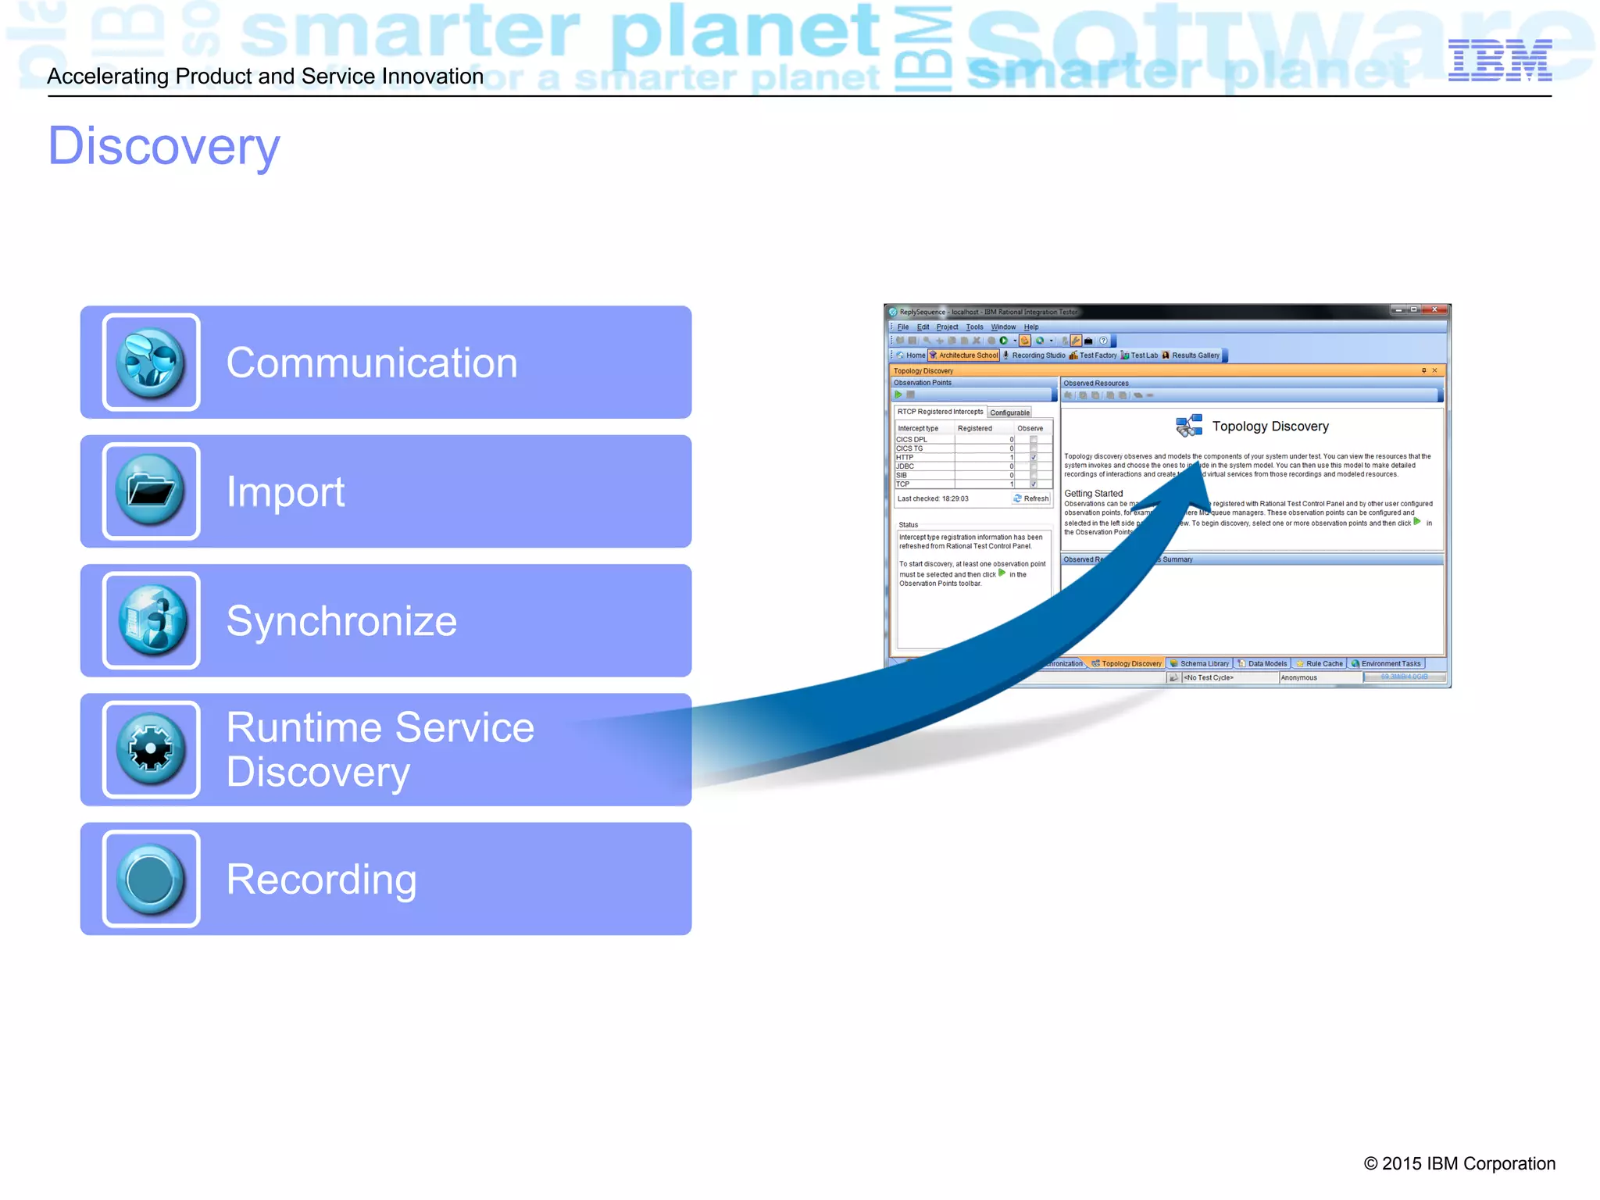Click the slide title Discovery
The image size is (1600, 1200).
click(164, 146)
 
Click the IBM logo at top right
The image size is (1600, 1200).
click(1499, 60)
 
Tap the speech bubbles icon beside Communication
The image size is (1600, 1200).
click(151, 362)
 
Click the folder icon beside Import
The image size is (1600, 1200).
click(151, 491)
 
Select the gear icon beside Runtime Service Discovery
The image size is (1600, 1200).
click(151, 749)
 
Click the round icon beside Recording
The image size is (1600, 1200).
click(151, 879)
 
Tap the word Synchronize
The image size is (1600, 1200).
click(341, 621)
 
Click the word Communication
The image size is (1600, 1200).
click(371, 363)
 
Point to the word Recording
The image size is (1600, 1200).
click(321, 880)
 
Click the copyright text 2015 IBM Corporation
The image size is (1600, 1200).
click(1459, 1163)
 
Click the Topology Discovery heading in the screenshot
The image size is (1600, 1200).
click(1270, 427)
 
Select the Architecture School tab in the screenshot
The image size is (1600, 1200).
click(967, 355)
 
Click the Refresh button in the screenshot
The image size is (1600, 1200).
click(1032, 498)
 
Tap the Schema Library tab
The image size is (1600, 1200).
click(1202, 664)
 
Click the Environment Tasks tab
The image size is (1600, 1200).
click(1390, 664)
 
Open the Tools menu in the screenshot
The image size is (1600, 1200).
click(974, 327)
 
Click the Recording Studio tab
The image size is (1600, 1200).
click(1037, 355)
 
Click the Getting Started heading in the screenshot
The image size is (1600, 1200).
click(1093, 494)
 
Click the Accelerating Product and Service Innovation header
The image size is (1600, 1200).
click(265, 77)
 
